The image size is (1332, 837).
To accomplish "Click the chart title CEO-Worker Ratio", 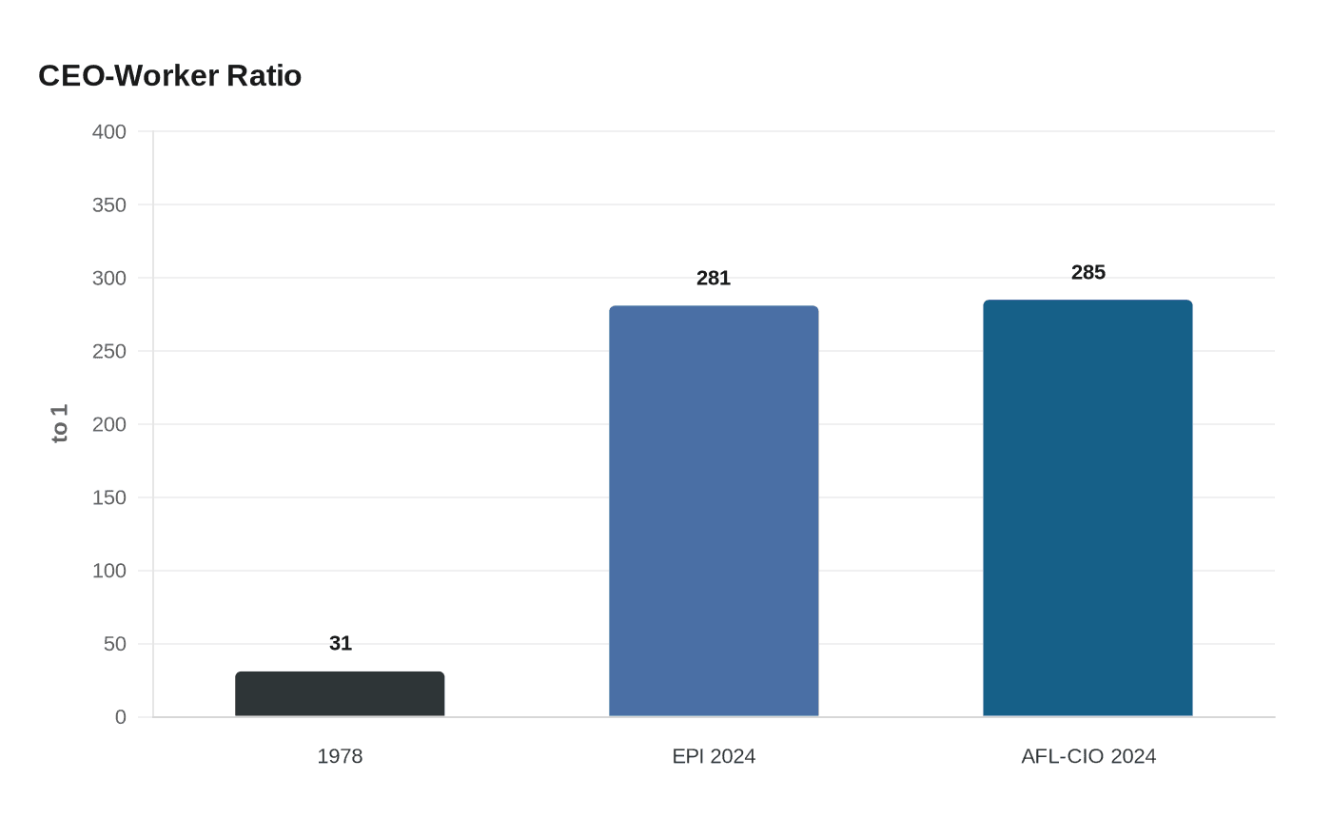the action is (170, 76).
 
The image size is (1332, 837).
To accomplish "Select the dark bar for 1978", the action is (340, 693).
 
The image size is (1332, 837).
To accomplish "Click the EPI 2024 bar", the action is (714, 512).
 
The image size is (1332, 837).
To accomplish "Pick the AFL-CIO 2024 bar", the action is (1087, 508).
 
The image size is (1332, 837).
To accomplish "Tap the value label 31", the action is (341, 643).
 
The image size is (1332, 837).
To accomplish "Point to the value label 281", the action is (714, 278).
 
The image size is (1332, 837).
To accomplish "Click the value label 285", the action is (1088, 272).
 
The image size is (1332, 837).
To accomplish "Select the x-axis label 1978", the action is (340, 756).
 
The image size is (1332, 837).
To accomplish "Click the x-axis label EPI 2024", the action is (714, 756).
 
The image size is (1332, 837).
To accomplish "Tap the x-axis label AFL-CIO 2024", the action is (1088, 756).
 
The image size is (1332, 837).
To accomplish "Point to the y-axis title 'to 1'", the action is (59, 424).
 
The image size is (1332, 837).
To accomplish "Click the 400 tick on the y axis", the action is (108, 132).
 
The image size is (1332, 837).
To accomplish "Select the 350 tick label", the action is (108, 205).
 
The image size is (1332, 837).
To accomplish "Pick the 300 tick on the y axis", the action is (108, 278).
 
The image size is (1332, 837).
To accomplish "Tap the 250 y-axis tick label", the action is (108, 351).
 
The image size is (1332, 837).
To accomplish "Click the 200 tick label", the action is (108, 424).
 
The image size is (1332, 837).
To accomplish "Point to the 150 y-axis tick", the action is (108, 497).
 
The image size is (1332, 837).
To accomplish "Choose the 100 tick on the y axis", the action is (108, 571).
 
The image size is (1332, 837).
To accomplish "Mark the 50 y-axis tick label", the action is (115, 644).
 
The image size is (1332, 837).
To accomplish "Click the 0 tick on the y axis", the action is (121, 717).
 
